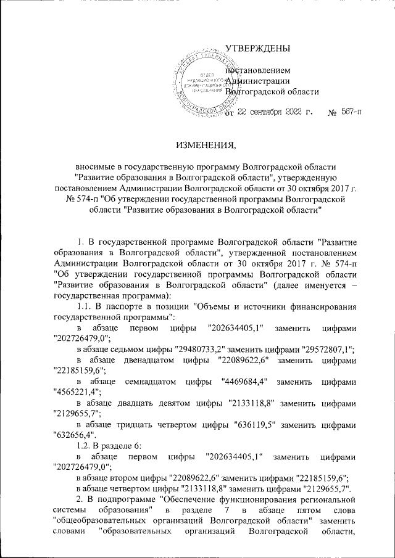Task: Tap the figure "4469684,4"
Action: (x=244, y=382)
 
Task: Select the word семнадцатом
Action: (x=144, y=382)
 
